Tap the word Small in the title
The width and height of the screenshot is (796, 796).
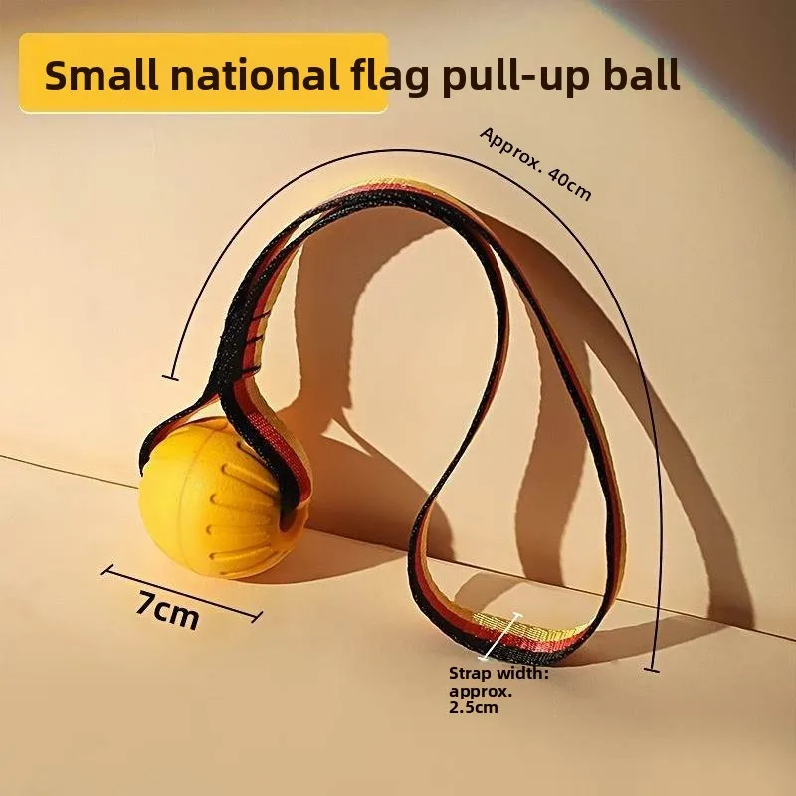click(x=101, y=75)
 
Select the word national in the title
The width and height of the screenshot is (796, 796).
click(x=255, y=75)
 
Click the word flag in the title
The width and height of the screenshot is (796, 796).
click(x=391, y=77)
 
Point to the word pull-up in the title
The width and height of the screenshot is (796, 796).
click(x=515, y=77)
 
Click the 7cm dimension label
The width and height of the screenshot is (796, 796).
click(x=167, y=609)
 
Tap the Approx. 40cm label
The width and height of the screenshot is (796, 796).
click(x=535, y=163)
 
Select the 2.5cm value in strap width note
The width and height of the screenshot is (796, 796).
click(x=474, y=707)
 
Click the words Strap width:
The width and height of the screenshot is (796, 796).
click(x=499, y=674)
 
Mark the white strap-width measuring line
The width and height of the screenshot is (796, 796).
click(x=501, y=636)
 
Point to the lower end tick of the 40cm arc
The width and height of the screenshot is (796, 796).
click(x=652, y=670)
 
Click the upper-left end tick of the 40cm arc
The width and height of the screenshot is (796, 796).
click(x=170, y=377)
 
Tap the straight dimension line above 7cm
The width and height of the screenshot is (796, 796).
click(x=182, y=593)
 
